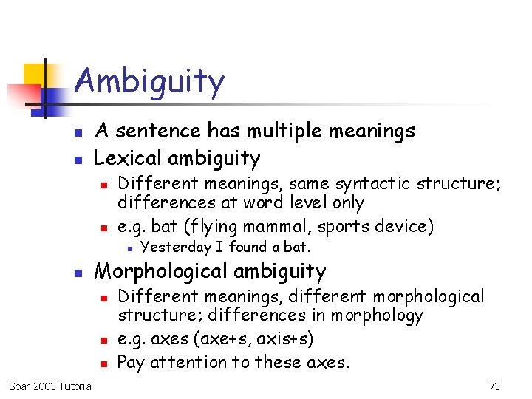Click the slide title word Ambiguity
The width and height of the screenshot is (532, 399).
coord(149,82)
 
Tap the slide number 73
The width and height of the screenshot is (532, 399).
coord(495,386)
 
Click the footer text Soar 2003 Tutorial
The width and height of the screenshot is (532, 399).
coord(51,386)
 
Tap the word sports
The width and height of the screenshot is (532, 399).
coord(352,225)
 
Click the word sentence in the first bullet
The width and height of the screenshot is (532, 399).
coord(158,132)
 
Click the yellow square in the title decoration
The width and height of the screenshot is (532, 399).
coord(35,75)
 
